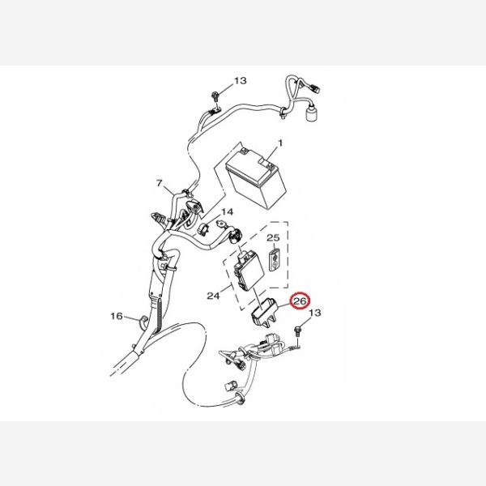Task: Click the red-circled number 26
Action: point(300,301)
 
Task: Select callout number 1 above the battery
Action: point(280,143)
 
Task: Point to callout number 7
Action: point(160,183)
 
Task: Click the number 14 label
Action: point(227,212)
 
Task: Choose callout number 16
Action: point(117,316)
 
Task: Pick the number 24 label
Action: point(213,296)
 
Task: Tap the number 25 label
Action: point(273,237)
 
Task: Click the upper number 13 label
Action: point(241,80)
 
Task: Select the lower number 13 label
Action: point(315,313)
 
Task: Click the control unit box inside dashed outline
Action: point(249,268)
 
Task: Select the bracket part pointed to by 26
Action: point(263,312)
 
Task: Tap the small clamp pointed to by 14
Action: point(203,228)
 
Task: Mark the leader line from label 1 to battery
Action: point(273,155)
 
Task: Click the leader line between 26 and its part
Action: point(284,305)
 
